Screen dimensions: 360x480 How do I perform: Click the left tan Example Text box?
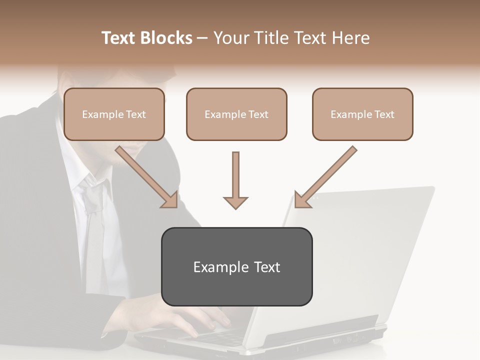(114, 114)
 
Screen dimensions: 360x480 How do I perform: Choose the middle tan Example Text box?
(236, 114)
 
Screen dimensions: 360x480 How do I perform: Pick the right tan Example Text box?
(362, 114)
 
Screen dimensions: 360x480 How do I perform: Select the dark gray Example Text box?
(236, 266)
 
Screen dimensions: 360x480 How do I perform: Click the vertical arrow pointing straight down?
(235, 180)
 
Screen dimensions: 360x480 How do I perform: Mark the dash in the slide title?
(202, 38)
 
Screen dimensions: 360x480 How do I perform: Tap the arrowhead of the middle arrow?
(235, 202)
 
